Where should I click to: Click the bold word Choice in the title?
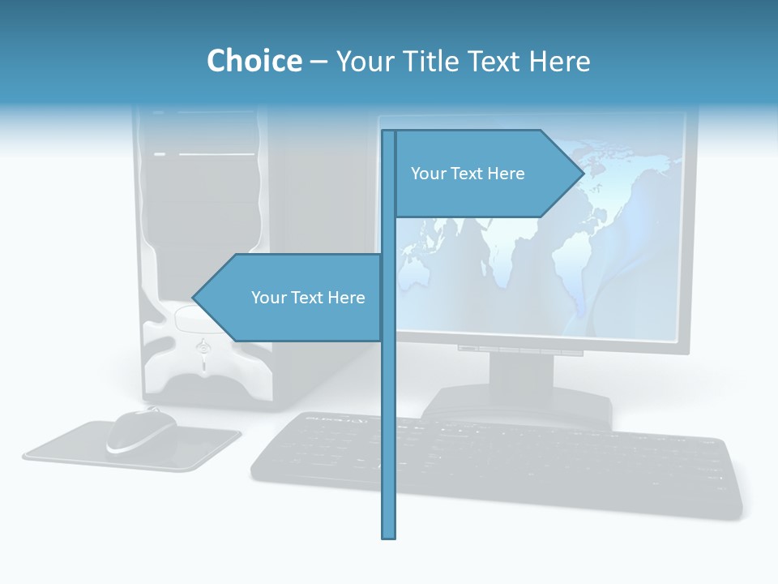click(254, 61)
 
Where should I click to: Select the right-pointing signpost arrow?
click(486, 174)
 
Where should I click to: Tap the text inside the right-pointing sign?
click(468, 174)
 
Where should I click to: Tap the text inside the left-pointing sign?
click(308, 298)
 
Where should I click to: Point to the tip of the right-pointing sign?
click(583, 174)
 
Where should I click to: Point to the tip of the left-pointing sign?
click(194, 298)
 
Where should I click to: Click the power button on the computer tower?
click(203, 347)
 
